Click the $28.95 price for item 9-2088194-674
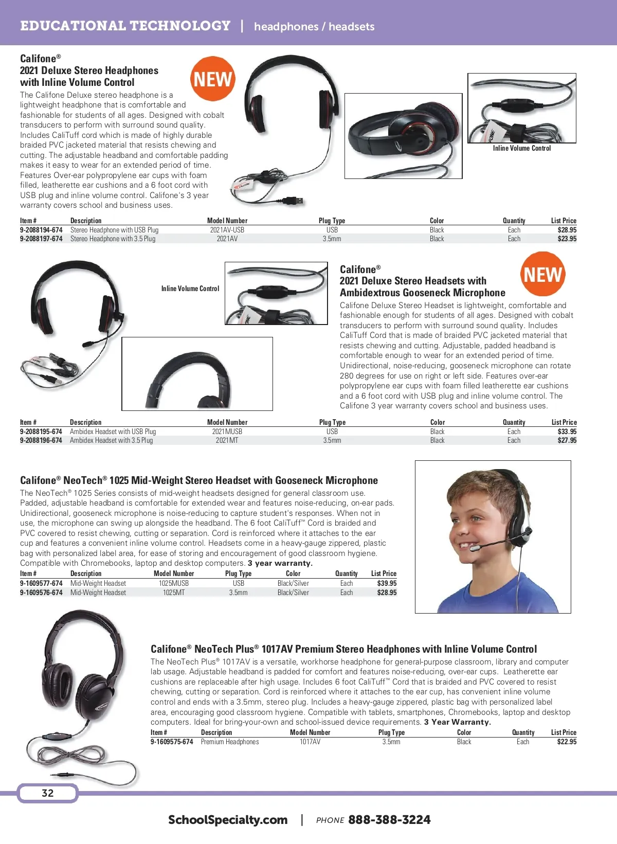point(567,230)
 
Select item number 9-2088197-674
point(41,239)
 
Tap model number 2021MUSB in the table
point(227,432)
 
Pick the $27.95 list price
point(567,440)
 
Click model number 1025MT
point(174,592)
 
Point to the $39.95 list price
point(387,583)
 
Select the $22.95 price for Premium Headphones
point(567,742)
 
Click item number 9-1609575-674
point(172,742)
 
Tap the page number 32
point(47,793)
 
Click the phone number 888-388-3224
point(389,820)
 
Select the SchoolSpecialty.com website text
point(228,820)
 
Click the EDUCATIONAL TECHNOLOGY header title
point(125,26)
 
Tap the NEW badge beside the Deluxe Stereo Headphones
point(212,79)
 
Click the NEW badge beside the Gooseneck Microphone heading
point(542,274)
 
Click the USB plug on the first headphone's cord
point(296,200)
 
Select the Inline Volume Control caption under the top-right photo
point(521,148)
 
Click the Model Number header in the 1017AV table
point(310,732)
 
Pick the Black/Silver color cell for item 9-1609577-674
point(293,583)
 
